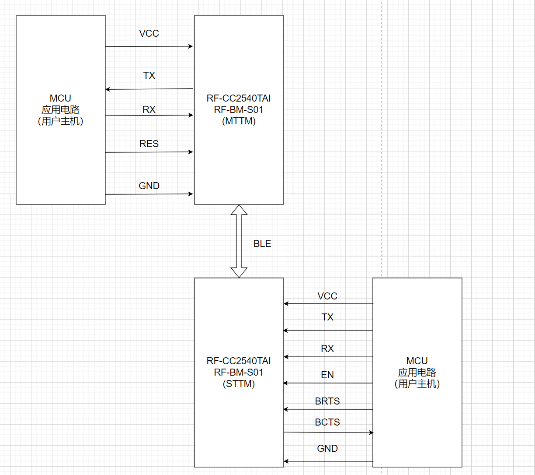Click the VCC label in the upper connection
pos(149,34)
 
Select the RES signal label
pos(149,144)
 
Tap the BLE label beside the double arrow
pos(262,244)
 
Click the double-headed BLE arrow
pos(239,241)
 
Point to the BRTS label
pos(327,401)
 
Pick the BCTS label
pos(327,422)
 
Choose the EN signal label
pos(327,375)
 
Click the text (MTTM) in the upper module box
pos(239,121)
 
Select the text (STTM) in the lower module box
pos(239,384)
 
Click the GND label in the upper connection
pos(149,186)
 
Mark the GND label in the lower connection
pos(327,449)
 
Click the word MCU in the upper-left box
pos(60,99)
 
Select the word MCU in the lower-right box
pos(417,361)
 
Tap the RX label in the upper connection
pos(149,110)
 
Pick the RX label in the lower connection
pos(327,349)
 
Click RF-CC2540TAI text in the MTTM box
pos(239,99)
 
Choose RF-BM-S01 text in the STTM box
pos(239,373)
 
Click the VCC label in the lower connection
pos(327,296)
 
